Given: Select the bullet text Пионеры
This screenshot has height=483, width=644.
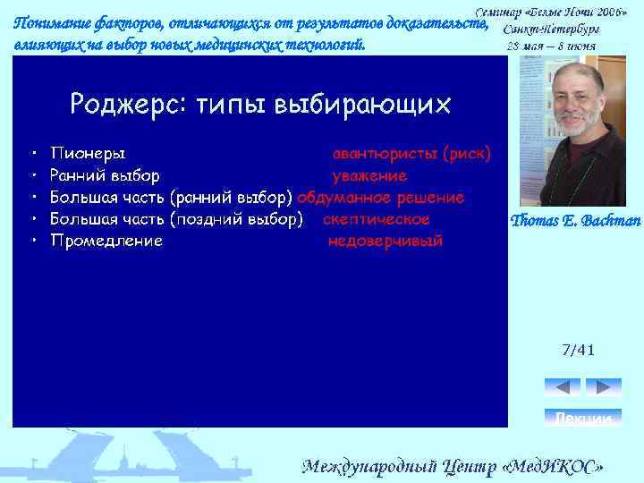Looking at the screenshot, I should (88, 153).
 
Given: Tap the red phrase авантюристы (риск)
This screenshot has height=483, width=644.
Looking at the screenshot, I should (411, 153).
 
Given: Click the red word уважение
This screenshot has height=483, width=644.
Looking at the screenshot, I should (369, 175).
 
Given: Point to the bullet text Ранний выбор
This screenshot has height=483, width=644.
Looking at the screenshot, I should (105, 175).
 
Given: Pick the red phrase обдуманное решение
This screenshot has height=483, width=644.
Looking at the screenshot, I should (381, 197).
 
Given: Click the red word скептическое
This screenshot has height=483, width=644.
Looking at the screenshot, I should (376, 219).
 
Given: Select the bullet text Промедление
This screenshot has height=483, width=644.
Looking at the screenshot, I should (106, 241).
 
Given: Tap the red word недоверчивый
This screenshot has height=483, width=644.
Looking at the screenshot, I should (385, 241).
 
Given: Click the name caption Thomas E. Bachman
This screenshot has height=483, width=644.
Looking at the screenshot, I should (574, 221).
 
